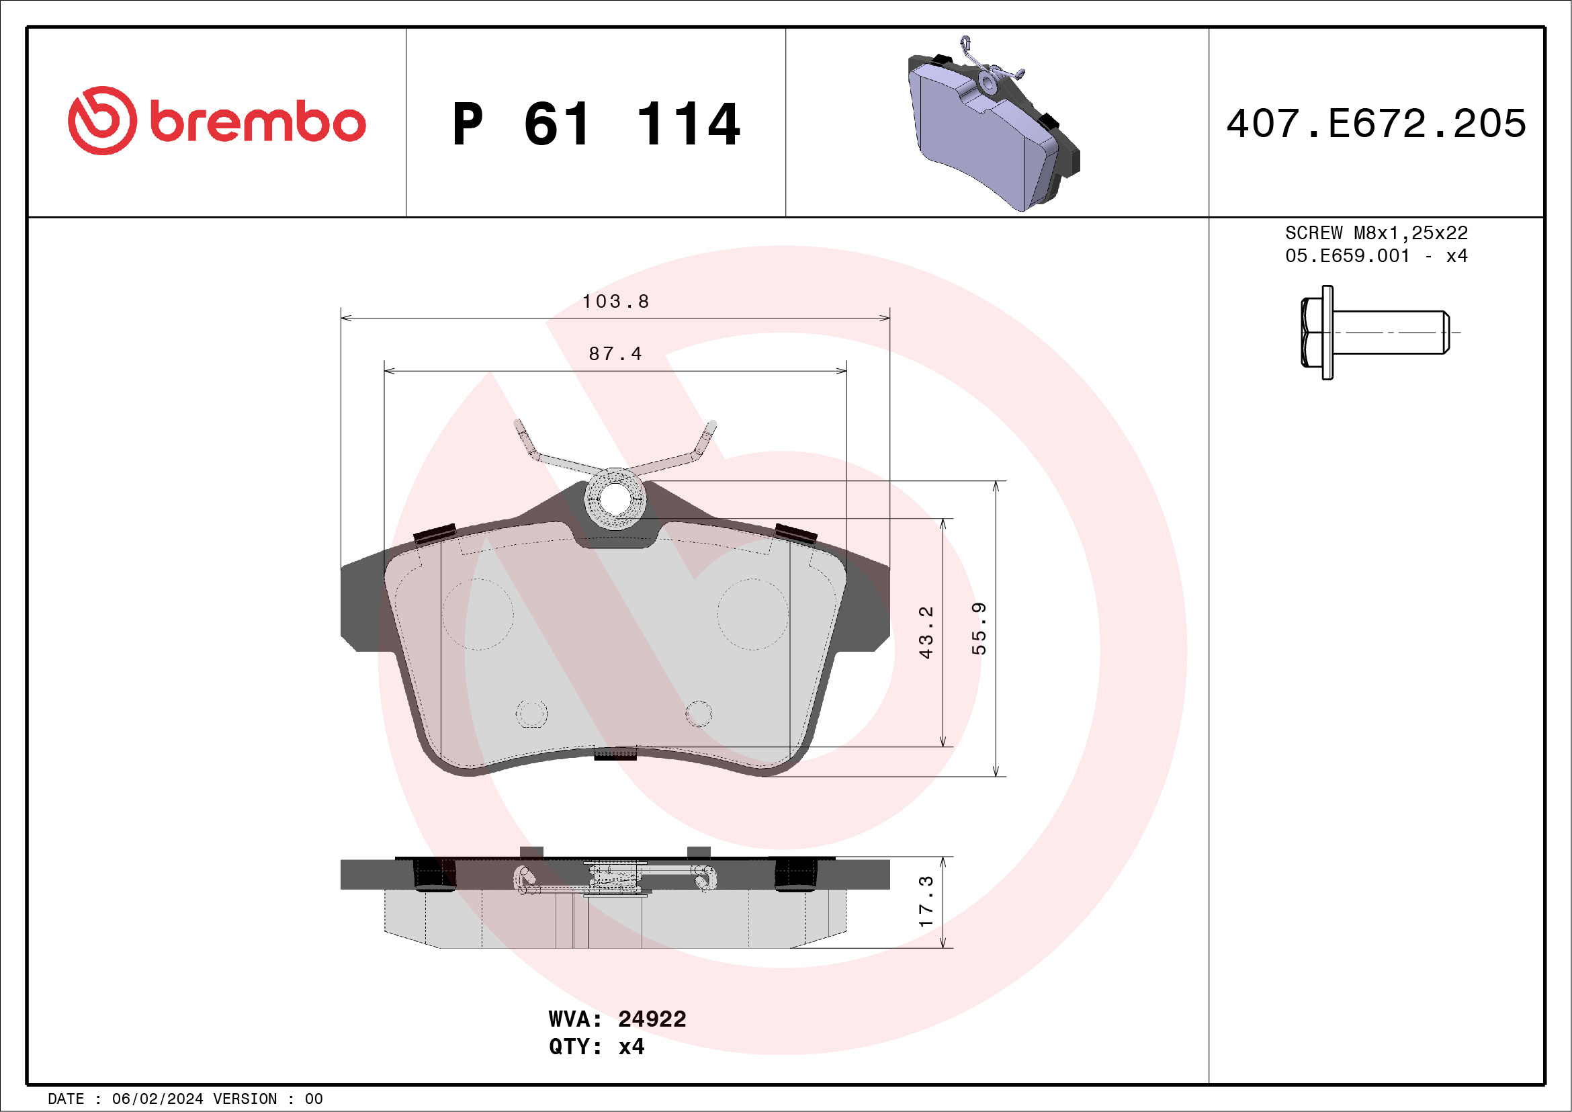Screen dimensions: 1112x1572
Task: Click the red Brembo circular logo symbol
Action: (102, 120)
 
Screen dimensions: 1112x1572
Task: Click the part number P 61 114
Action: (596, 124)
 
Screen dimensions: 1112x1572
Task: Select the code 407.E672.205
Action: (1377, 124)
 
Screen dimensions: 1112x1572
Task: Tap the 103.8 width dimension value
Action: (615, 301)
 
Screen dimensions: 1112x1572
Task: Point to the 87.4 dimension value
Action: (615, 354)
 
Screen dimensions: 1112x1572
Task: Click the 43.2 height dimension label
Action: (926, 632)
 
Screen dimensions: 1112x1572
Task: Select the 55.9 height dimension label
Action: (979, 629)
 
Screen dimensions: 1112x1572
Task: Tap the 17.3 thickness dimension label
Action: (926, 901)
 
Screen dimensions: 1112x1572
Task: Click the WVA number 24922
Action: (651, 1019)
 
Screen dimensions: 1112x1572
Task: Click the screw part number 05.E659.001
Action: (1347, 256)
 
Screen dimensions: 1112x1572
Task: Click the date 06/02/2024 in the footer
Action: (157, 1099)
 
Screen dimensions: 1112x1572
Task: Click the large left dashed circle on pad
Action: (477, 614)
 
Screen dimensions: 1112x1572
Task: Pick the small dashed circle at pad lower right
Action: (699, 714)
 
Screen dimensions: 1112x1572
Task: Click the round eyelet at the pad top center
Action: (615, 499)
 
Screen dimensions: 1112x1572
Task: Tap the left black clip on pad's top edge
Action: (435, 533)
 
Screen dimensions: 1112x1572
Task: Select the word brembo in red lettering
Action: (257, 123)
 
